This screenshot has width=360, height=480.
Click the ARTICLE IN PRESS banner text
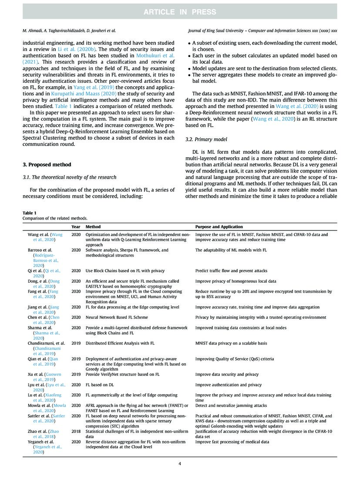click(x=180, y=11)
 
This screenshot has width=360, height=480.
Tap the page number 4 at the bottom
click(x=180, y=463)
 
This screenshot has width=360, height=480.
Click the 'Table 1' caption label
click(x=30, y=213)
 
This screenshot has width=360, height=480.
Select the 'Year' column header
click(x=76, y=227)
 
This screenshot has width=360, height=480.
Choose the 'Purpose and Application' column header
click(x=219, y=227)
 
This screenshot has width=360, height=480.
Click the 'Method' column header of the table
click(x=93, y=227)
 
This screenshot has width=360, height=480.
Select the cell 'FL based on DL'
click(x=100, y=385)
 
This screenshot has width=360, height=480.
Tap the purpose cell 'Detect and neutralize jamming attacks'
click(x=231, y=405)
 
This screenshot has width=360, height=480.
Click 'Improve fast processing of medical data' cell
click(x=232, y=442)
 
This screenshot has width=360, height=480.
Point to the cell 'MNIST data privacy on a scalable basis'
click(x=232, y=343)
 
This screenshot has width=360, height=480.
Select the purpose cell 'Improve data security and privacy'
click(x=227, y=374)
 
